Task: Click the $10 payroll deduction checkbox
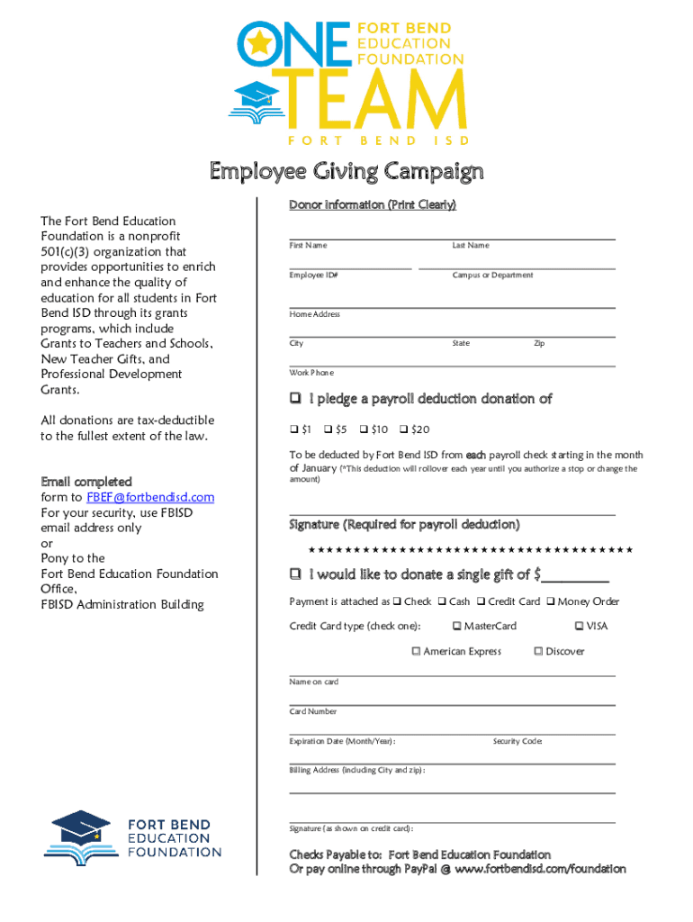pos(364,429)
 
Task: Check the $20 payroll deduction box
pos(403,429)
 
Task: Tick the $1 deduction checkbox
pos(293,429)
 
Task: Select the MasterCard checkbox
pos(456,626)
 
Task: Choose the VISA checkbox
pos(579,626)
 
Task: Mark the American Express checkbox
pos(416,651)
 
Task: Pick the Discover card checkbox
pos(538,651)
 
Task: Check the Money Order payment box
pos(550,601)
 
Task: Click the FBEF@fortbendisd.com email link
pos(150,497)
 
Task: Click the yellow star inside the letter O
pos(260,41)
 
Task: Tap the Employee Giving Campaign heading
pos(346,171)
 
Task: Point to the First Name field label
pos(308,246)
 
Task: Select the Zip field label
pos(539,343)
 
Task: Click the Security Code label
pos(517,741)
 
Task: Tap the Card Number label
pos(312,711)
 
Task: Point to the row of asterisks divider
pos(470,550)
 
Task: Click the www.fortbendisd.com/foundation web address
pos(540,869)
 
